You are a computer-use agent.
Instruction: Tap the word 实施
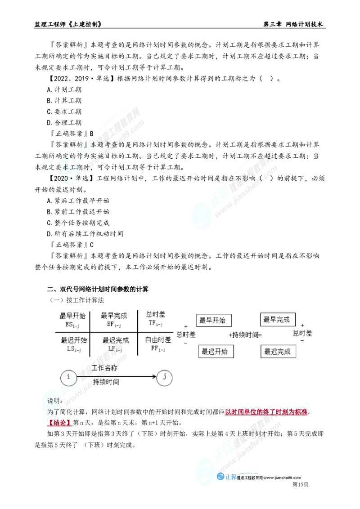(98, 156)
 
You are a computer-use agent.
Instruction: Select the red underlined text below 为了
(60, 424)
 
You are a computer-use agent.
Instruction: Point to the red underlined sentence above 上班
(266, 412)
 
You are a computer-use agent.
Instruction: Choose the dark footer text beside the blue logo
(270, 478)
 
